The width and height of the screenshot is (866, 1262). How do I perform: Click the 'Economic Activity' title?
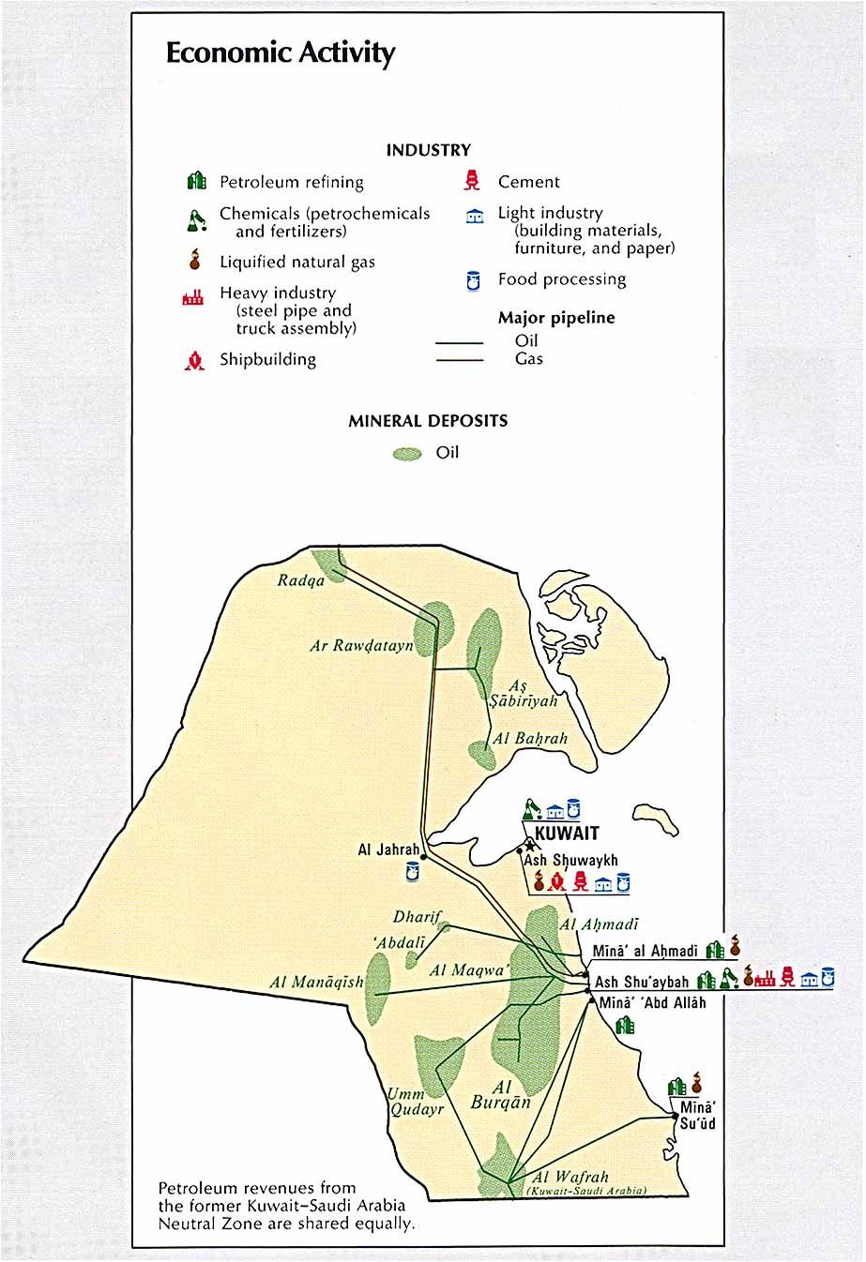click(x=281, y=53)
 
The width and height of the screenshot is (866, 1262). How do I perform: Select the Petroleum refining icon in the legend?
click(x=196, y=181)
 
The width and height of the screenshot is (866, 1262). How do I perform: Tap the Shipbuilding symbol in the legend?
click(x=194, y=360)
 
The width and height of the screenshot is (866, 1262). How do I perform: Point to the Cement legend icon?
click(x=473, y=181)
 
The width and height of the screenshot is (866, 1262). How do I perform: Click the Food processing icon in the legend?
click(x=474, y=280)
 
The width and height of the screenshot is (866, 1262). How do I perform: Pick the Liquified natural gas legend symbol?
click(x=195, y=260)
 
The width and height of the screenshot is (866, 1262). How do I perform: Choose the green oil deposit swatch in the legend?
click(x=407, y=454)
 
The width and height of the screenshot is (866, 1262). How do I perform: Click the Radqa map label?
click(x=301, y=580)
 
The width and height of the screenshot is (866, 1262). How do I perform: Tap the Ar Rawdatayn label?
click(x=361, y=646)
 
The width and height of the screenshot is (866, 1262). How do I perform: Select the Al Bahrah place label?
click(x=530, y=739)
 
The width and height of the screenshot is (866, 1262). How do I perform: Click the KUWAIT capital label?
click(x=567, y=834)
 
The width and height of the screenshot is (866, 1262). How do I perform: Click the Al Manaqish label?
click(x=316, y=983)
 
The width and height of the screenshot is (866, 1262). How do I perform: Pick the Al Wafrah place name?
click(x=570, y=1177)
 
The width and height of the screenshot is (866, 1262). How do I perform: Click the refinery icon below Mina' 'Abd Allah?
click(x=625, y=1025)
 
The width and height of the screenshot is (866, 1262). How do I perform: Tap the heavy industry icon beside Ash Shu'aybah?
click(x=765, y=979)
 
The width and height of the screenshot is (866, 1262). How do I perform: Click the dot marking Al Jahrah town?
click(x=424, y=856)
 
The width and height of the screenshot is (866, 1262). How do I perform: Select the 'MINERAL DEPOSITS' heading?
click(x=428, y=421)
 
